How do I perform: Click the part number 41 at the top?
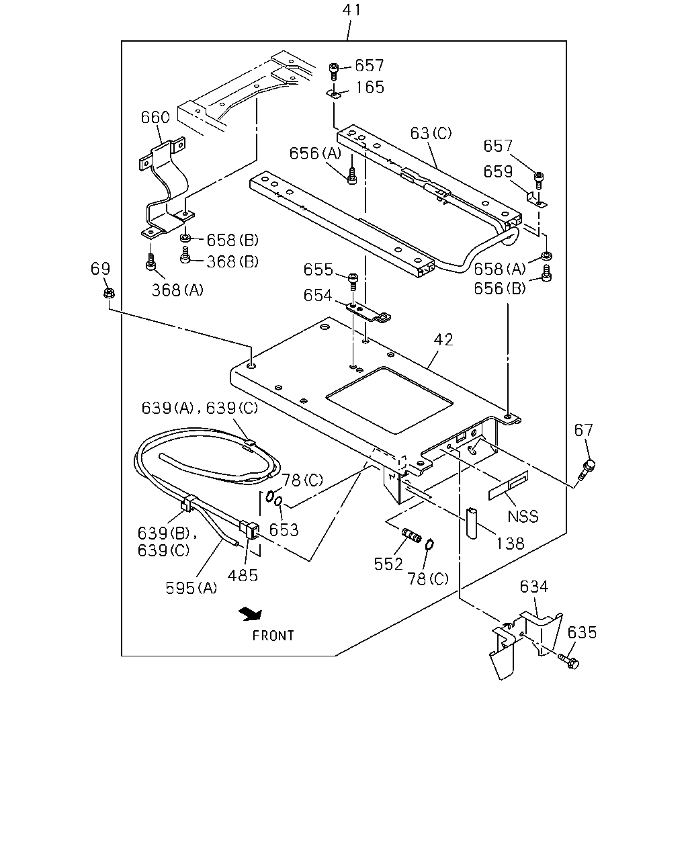pyautogui.click(x=351, y=10)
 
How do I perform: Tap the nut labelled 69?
pyautogui.click(x=109, y=294)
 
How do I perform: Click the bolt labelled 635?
pyautogui.click(x=569, y=661)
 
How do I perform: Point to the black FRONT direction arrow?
pyautogui.click(x=251, y=614)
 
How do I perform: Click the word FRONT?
pyautogui.click(x=273, y=636)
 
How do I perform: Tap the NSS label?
pyautogui.click(x=523, y=516)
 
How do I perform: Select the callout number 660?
pyautogui.click(x=155, y=117)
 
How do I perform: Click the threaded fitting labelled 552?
pyautogui.click(x=412, y=535)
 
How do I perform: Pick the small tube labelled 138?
pyautogui.click(x=472, y=523)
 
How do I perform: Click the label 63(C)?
pyautogui.click(x=431, y=133)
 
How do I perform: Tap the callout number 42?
pyautogui.click(x=443, y=340)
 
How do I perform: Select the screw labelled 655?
pyautogui.click(x=353, y=282)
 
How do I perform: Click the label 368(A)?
pyautogui.click(x=177, y=290)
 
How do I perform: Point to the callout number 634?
pyautogui.click(x=533, y=587)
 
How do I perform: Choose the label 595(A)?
pyautogui.click(x=191, y=588)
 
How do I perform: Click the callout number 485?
pyautogui.click(x=243, y=576)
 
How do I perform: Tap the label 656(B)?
pyautogui.click(x=500, y=288)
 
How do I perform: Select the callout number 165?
pyautogui.click(x=370, y=87)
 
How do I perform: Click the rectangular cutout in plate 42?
pyautogui.click(x=390, y=400)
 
